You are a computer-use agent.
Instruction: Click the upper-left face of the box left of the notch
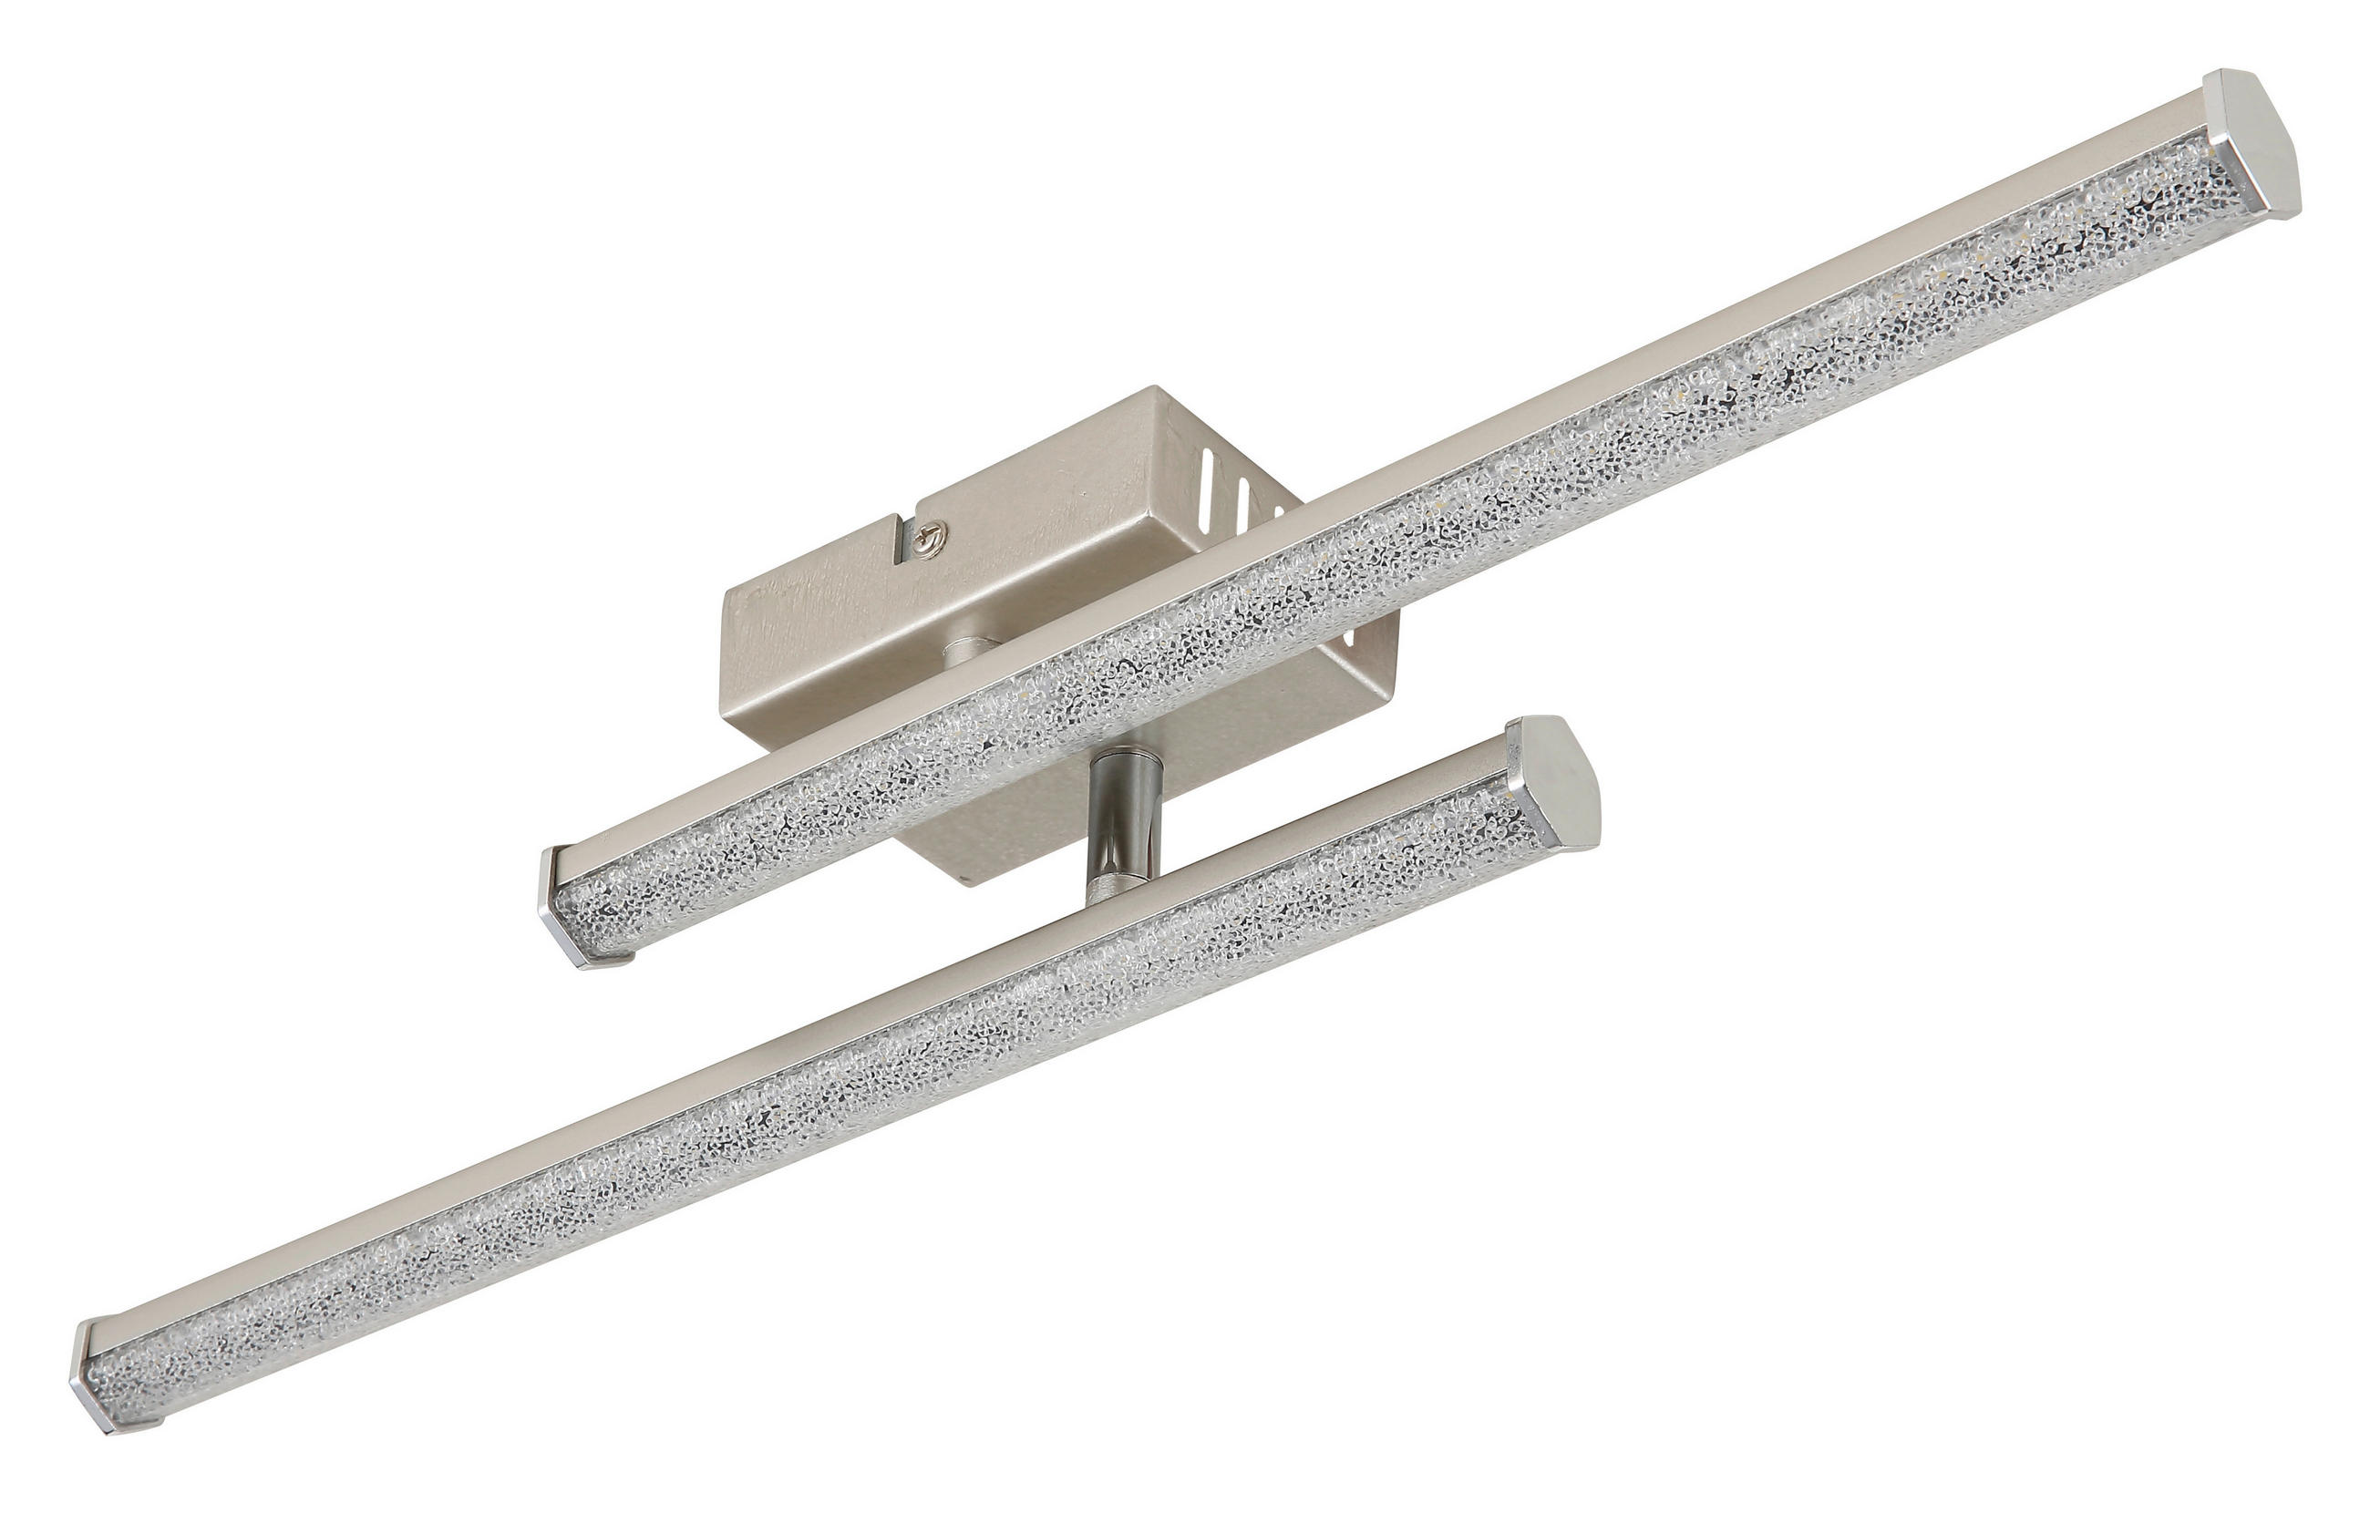[817, 581]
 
